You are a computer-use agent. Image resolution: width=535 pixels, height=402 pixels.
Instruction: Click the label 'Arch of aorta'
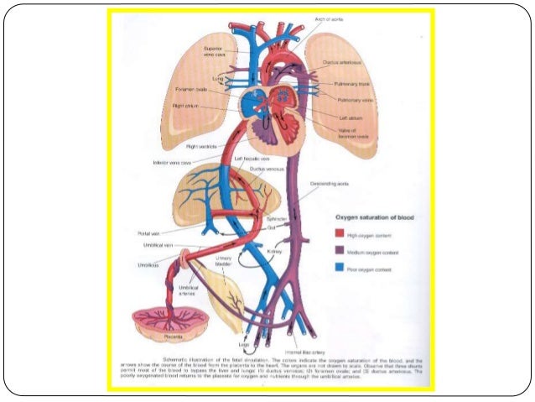(x=330, y=18)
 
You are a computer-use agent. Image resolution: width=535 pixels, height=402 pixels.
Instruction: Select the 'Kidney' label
(x=299, y=251)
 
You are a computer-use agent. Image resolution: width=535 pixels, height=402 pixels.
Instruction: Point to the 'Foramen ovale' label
(x=192, y=89)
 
